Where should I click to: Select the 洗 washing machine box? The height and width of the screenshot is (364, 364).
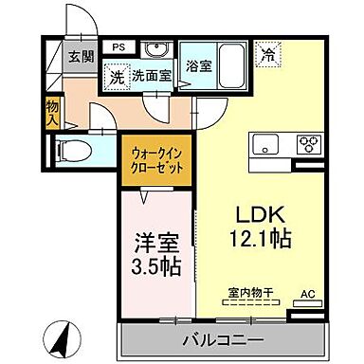point(116,76)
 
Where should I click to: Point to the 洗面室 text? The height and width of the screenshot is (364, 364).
point(151,76)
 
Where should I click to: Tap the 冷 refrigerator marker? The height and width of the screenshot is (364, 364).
point(271,55)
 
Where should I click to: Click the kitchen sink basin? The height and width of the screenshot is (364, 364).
point(264,144)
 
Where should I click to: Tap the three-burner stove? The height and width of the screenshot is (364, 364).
point(309,144)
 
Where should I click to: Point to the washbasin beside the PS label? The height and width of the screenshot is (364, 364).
point(158,52)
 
